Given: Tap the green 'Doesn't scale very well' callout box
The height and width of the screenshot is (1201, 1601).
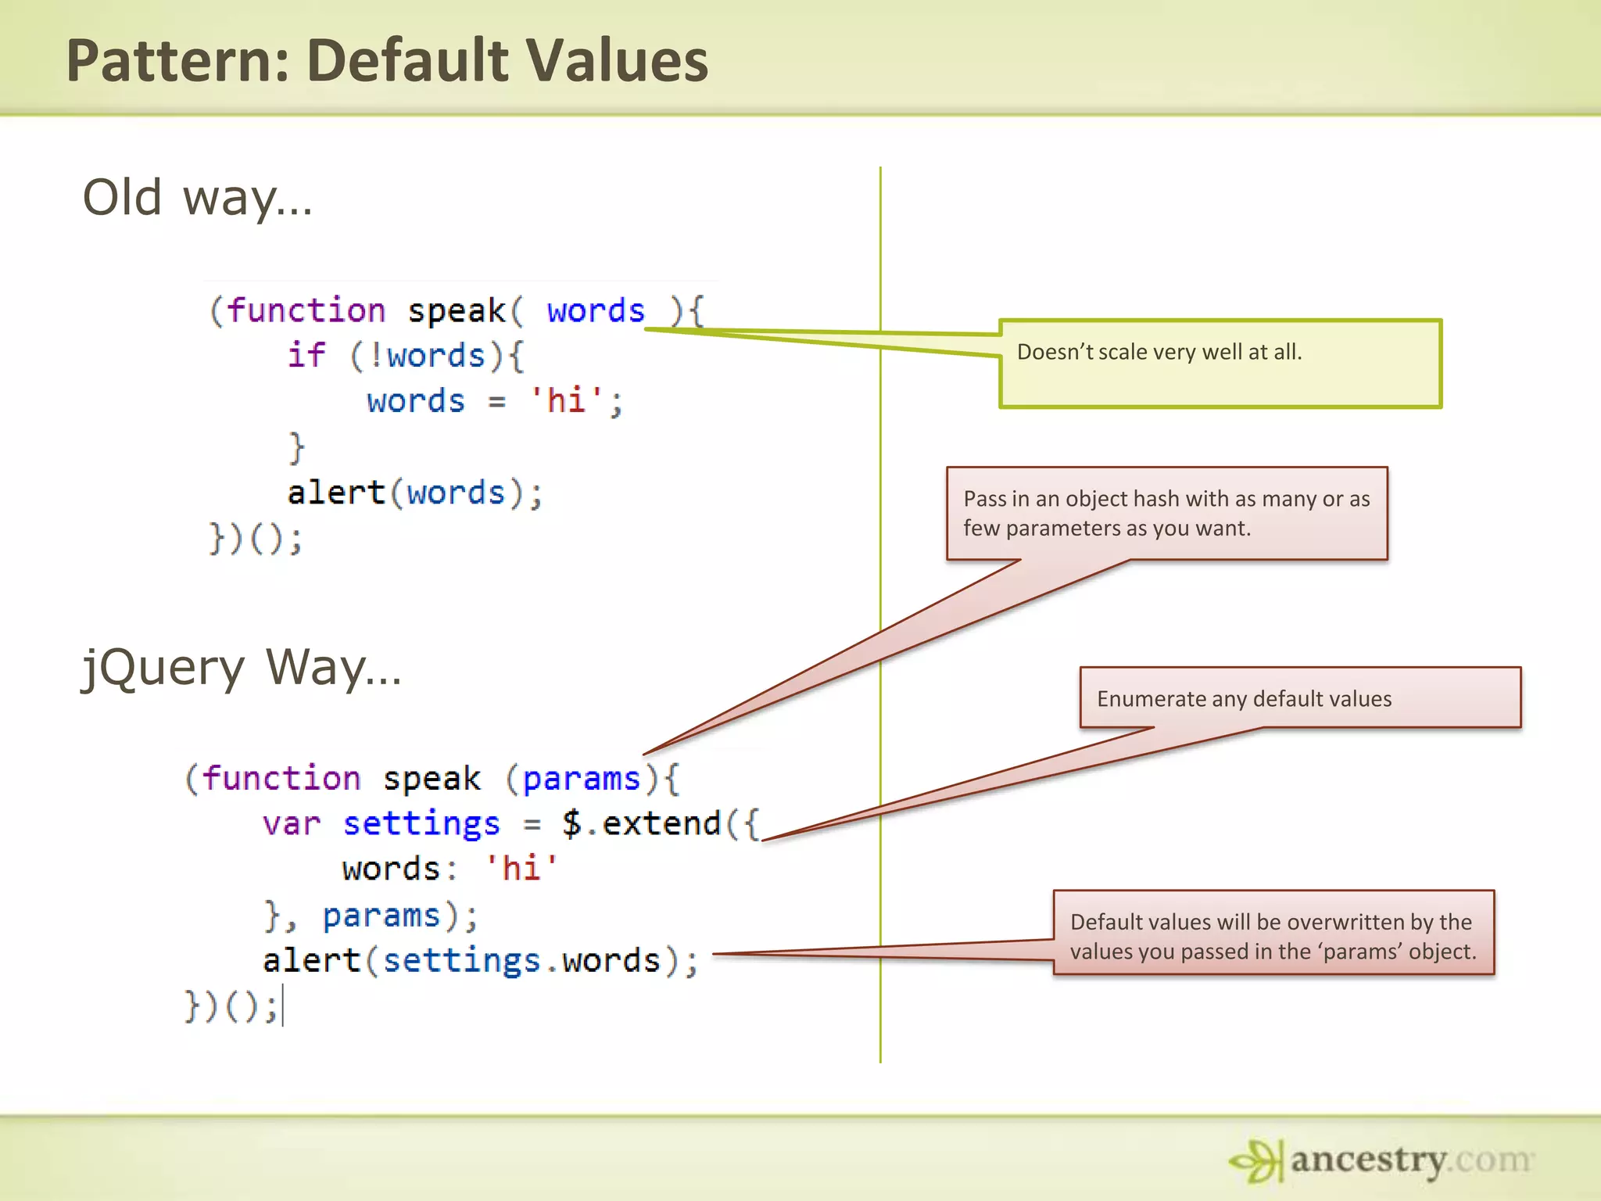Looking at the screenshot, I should pos(1220,364).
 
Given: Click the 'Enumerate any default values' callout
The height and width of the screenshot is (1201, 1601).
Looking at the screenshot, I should pos(1300,697).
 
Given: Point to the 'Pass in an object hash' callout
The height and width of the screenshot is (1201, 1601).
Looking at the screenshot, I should pos(1166,513).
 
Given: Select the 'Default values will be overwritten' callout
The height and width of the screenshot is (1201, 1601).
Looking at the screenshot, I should pos(1273,935).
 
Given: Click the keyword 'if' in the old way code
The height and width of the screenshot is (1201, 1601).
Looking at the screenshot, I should pos(306,355).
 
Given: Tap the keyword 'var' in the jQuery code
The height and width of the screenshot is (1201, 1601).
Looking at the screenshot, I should pos(291,823).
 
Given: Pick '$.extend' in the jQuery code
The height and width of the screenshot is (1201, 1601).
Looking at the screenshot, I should pos(641,823).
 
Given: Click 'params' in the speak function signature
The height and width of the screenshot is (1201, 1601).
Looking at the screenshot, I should pos(581,779).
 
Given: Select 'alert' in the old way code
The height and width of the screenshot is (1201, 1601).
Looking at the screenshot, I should pos(336,493).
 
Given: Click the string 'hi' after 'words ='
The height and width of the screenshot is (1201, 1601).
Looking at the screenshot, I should pos(566,400).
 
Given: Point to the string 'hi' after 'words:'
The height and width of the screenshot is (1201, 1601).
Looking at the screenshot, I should pos(521,869).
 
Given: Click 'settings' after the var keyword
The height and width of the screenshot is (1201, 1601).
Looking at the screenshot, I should pos(421,823).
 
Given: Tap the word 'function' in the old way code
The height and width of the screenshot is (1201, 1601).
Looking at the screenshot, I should pos(306,310).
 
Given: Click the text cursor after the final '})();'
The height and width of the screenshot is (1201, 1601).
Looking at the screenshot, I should pos(283,1006).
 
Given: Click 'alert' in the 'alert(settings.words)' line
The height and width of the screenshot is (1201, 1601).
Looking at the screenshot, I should pos(311,960).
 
